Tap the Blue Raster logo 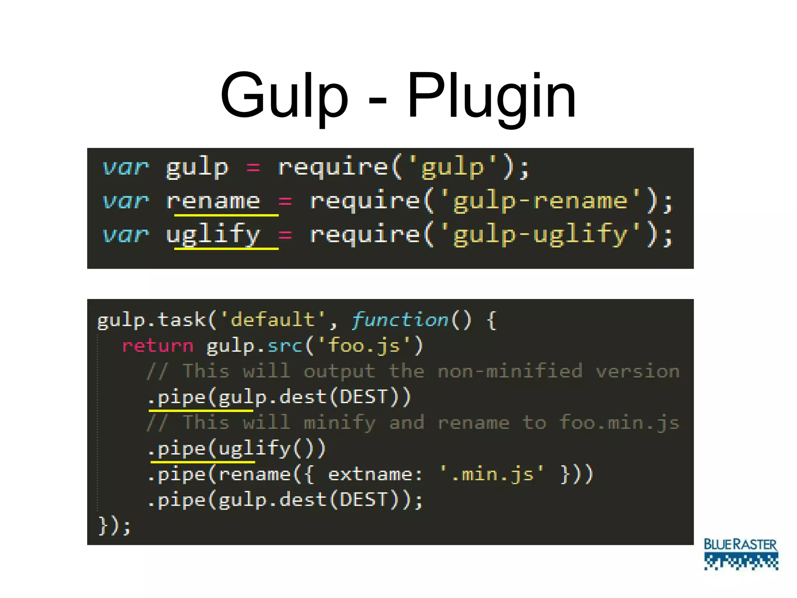(x=741, y=554)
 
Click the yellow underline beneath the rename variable (x=226, y=215)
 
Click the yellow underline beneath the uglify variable (x=226, y=248)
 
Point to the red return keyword (x=158, y=346)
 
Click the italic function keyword (x=400, y=320)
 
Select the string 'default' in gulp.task (x=272, y=320)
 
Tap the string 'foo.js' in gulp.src (x=364, y=346)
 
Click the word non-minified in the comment (x=510, y=371)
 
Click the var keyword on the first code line (x=125, y=168)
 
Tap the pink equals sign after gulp (x=253, y=168)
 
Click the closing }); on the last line (x=114, y=526)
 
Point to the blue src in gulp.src (x=285, y=346)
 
